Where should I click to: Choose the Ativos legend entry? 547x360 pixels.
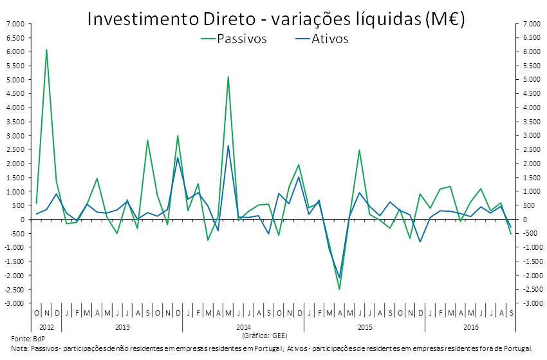pos(329,39)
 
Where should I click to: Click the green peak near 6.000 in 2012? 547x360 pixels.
pos(46,50)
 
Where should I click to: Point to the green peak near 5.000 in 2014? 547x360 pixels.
pos(228,77)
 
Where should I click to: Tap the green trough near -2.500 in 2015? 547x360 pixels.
pos(339,289)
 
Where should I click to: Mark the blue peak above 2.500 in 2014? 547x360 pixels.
pos(228,146)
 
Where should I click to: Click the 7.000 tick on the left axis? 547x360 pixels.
pos(15,24)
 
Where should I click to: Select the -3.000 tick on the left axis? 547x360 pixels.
pos(15,303)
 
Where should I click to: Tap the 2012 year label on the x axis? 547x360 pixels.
pos(46,327)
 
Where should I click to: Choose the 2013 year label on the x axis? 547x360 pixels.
pos(122,327)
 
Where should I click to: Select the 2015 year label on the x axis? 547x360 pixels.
pos(364,327)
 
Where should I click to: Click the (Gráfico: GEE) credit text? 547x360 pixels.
pos(264,336)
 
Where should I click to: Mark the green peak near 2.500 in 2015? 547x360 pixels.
pos(359,150)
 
